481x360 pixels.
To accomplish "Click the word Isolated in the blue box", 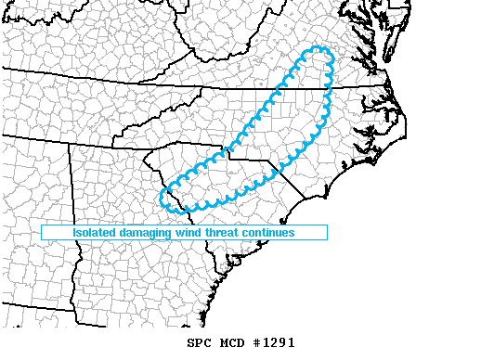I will point(97,233).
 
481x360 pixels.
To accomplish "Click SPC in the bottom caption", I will point(198,342).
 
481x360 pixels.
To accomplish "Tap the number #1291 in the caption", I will point(274,342).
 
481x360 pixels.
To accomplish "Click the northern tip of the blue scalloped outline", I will point(318,48).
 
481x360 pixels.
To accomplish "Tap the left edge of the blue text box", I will point(42,233).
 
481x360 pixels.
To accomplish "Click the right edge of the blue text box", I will point(327,233).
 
